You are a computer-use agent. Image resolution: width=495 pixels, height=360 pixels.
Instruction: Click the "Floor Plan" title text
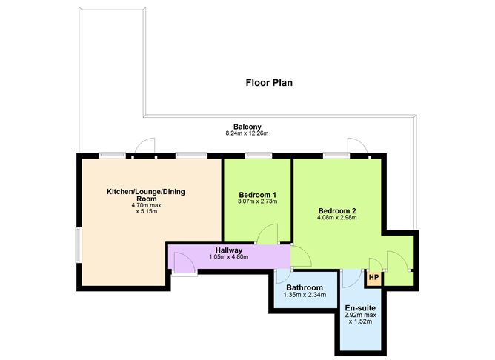coord(269,82)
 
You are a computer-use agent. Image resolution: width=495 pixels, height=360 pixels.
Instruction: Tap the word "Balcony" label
coord(247,127)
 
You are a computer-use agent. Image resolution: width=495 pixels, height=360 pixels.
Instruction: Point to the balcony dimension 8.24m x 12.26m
coord(247,134)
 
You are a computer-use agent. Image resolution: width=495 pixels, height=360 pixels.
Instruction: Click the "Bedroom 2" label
coord(337,210)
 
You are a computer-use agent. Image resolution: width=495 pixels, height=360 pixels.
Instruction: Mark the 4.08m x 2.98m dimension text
coord(337,218)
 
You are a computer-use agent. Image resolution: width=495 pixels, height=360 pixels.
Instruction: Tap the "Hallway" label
coord(229,250)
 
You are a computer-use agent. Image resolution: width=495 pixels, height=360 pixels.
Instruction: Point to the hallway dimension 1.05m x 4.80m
coord(229,257)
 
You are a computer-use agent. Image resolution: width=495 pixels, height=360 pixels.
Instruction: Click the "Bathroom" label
coord(303,287)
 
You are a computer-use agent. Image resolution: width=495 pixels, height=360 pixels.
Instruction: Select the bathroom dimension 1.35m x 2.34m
coord(303,295)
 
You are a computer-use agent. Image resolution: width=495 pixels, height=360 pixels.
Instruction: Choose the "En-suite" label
coord(360,307)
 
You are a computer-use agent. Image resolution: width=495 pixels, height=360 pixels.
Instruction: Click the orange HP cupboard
coord(374,279)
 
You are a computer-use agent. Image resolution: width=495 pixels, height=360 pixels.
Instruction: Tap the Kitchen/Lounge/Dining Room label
coord(146,196)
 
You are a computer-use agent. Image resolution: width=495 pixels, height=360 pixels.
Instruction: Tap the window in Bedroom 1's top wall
coord(257,156)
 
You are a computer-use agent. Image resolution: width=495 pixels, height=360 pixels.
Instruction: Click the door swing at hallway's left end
coord(182,261)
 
